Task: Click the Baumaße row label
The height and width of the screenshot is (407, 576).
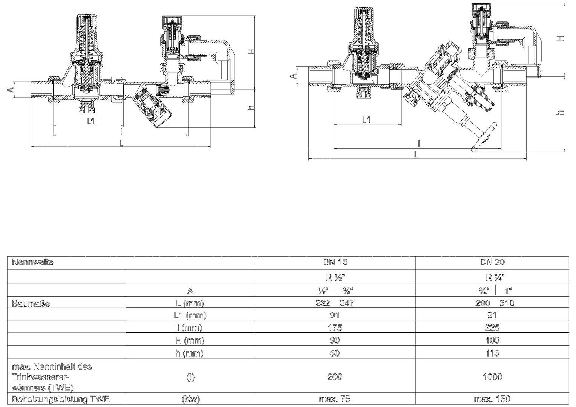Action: click(31, 303)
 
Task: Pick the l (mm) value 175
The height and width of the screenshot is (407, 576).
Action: click(335, 327)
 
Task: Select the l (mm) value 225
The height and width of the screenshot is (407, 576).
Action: click(492, 327)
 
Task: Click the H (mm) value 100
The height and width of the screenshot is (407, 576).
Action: click(492, 340)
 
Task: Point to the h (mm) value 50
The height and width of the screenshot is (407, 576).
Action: click(335, 353)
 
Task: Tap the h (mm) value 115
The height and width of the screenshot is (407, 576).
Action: click(492, 353)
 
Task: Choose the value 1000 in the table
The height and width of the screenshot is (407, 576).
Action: click(492, 377)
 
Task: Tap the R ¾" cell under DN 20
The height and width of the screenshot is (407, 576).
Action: click(492, 277)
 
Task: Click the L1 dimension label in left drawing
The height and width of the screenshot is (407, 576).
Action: click(91, 121)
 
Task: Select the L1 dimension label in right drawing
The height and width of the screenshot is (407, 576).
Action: click(366, 119)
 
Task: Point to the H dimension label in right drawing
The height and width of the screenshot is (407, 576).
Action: click(561, 38)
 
